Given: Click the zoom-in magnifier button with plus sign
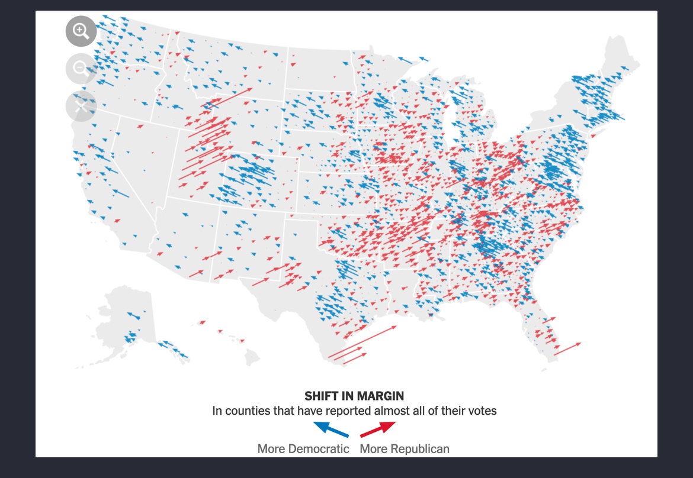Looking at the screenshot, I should coord(81,31).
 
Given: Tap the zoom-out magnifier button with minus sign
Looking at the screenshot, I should coord(81,69).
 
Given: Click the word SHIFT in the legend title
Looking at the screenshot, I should coord(320,396).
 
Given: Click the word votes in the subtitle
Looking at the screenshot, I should coord(482,411).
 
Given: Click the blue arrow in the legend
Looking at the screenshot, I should coord(330,429).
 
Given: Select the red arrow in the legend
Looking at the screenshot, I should coord(378,429).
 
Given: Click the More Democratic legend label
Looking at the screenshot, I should coord(303,448).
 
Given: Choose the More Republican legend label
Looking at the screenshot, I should coord(405,448).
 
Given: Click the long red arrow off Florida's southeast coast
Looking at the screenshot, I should coord(567,348).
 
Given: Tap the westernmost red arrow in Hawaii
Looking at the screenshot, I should coord(202,323).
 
